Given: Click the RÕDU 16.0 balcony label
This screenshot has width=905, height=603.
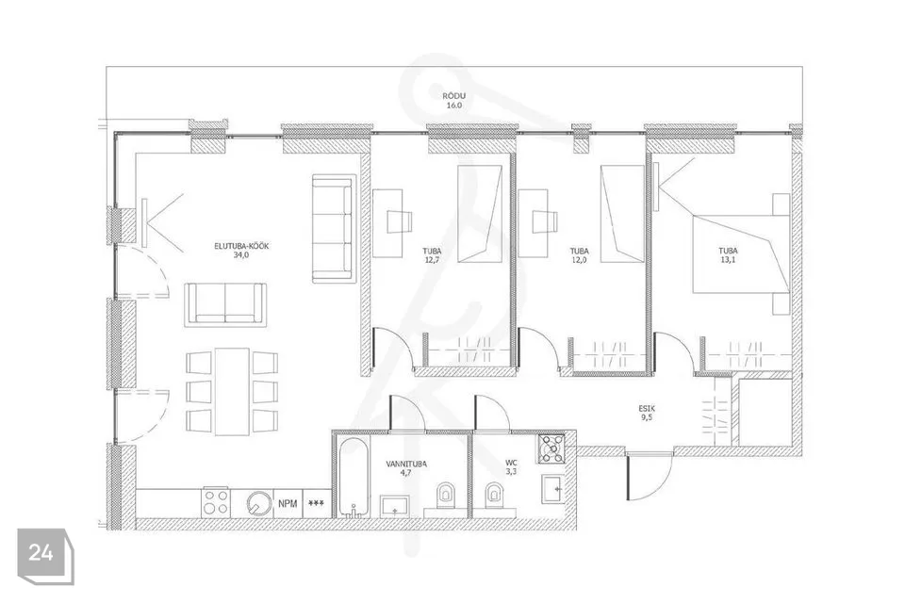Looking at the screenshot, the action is coord(454,101).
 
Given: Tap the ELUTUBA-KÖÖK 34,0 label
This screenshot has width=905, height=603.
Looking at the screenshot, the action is coord(241,251).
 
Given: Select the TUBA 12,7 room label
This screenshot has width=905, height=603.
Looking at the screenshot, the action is coord(432,255).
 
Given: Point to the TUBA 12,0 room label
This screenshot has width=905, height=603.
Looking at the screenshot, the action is coord(580,255).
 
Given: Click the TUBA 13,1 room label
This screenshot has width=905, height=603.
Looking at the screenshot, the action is coord(728,255).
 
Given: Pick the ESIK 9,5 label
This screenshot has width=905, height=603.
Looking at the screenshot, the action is coord(647,413).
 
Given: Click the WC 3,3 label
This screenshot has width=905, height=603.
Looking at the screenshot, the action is coord(511,467).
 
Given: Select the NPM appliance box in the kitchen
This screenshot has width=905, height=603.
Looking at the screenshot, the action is coord(288,503).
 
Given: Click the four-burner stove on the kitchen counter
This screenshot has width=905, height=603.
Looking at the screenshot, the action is coord(216,503).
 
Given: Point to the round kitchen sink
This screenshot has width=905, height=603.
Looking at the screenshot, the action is coord(257,504).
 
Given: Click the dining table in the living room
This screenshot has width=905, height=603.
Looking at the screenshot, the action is coord(232,391).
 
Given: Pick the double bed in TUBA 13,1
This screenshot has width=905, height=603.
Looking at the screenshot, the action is coord(741,254).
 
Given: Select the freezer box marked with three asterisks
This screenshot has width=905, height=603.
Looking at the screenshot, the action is coord(317,503).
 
